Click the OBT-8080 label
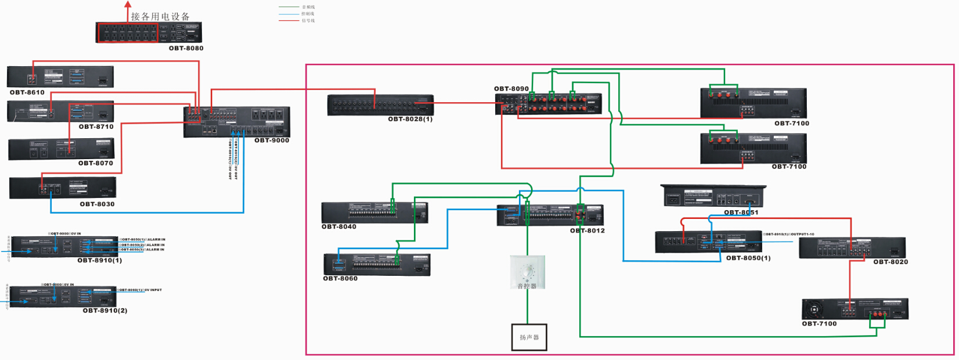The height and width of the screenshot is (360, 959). click(186, 48)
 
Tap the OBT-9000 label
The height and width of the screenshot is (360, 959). click(272, 141)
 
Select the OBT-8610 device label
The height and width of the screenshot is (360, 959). click(27, 92)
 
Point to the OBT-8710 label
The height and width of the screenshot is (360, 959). click(96, 127)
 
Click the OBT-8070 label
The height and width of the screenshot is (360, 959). click(96, 163)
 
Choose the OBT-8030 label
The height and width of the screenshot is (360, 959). click(97, 204)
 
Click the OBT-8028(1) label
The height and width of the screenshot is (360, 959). click(410, 119)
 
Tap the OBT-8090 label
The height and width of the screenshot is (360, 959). click(511, 89)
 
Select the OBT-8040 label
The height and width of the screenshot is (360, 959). click(339, 226)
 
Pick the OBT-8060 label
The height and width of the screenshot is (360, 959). click(340, 279)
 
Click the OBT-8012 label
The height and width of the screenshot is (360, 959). click(587, 231)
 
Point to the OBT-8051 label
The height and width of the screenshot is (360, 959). click(741, 213)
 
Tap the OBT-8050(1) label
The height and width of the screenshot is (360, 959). click(748, 258)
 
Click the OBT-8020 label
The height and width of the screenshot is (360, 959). click(890, 262)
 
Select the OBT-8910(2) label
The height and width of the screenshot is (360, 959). click(105, 311)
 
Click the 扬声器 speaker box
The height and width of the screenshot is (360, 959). click(529, 337)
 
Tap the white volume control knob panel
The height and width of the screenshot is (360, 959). click(528, 272)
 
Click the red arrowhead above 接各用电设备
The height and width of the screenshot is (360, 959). click(128, 4)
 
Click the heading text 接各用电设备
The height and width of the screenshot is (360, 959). click(160, 16)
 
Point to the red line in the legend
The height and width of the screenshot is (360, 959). click(289, 21)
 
